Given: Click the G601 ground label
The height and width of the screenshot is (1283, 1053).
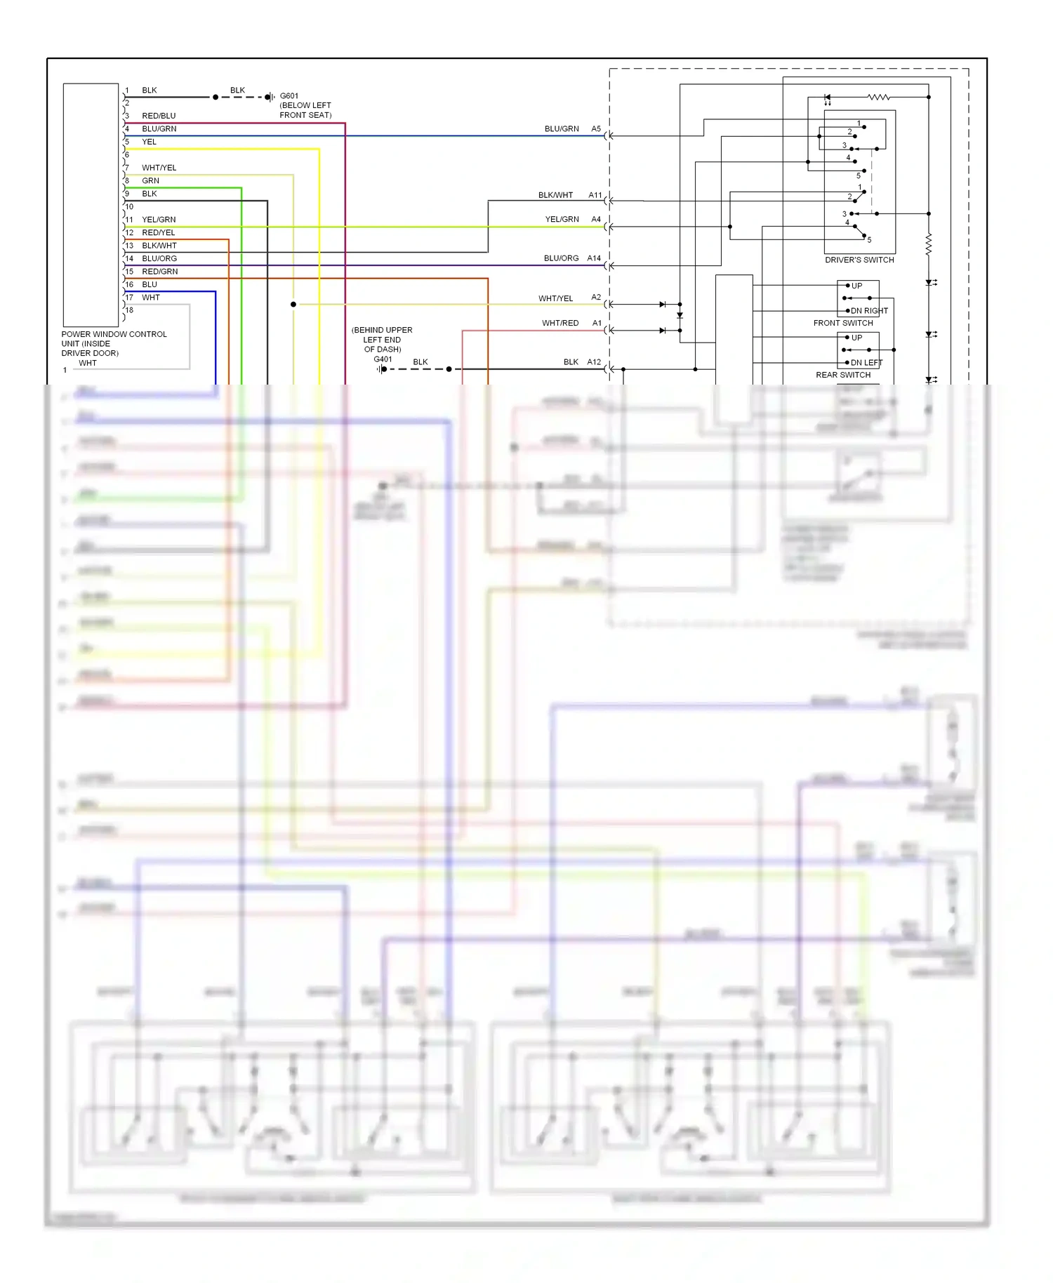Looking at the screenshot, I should pos(289,95).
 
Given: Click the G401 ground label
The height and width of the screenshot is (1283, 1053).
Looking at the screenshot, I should pos(383,359).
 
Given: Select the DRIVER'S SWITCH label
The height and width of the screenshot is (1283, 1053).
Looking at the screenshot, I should pos(859,260).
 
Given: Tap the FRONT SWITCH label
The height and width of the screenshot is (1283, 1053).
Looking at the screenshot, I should pos(843,323).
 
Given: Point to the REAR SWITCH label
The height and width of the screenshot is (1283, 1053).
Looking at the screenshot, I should pos(843,375).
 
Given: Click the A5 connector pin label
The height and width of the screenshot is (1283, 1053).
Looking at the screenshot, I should pos(596,129).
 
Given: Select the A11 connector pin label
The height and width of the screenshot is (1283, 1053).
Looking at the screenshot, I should pos(595,195).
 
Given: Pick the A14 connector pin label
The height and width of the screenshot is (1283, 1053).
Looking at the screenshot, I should pos(594,258).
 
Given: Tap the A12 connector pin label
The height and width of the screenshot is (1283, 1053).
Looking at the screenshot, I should pos(594,362).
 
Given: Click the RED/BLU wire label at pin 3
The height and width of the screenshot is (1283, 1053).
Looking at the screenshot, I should pos(159,116).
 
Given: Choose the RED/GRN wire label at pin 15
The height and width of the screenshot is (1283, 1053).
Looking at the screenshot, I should pos(160,272).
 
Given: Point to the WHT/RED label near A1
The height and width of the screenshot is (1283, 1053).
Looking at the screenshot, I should pos(560,324).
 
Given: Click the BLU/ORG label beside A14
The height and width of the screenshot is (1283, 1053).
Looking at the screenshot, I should pos(561,258).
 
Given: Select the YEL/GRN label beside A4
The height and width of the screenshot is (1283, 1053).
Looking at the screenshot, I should pos(562,220).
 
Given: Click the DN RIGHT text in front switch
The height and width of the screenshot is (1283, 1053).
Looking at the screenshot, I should pos(869,311).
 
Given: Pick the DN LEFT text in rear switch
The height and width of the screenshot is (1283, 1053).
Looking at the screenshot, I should pos(866,363).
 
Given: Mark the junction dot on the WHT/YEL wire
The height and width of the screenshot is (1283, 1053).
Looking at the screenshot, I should pos(293,304).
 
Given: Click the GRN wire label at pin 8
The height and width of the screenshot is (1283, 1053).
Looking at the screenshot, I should pos(150,181).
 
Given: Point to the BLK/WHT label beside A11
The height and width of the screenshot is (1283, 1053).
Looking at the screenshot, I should pos(555,195).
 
